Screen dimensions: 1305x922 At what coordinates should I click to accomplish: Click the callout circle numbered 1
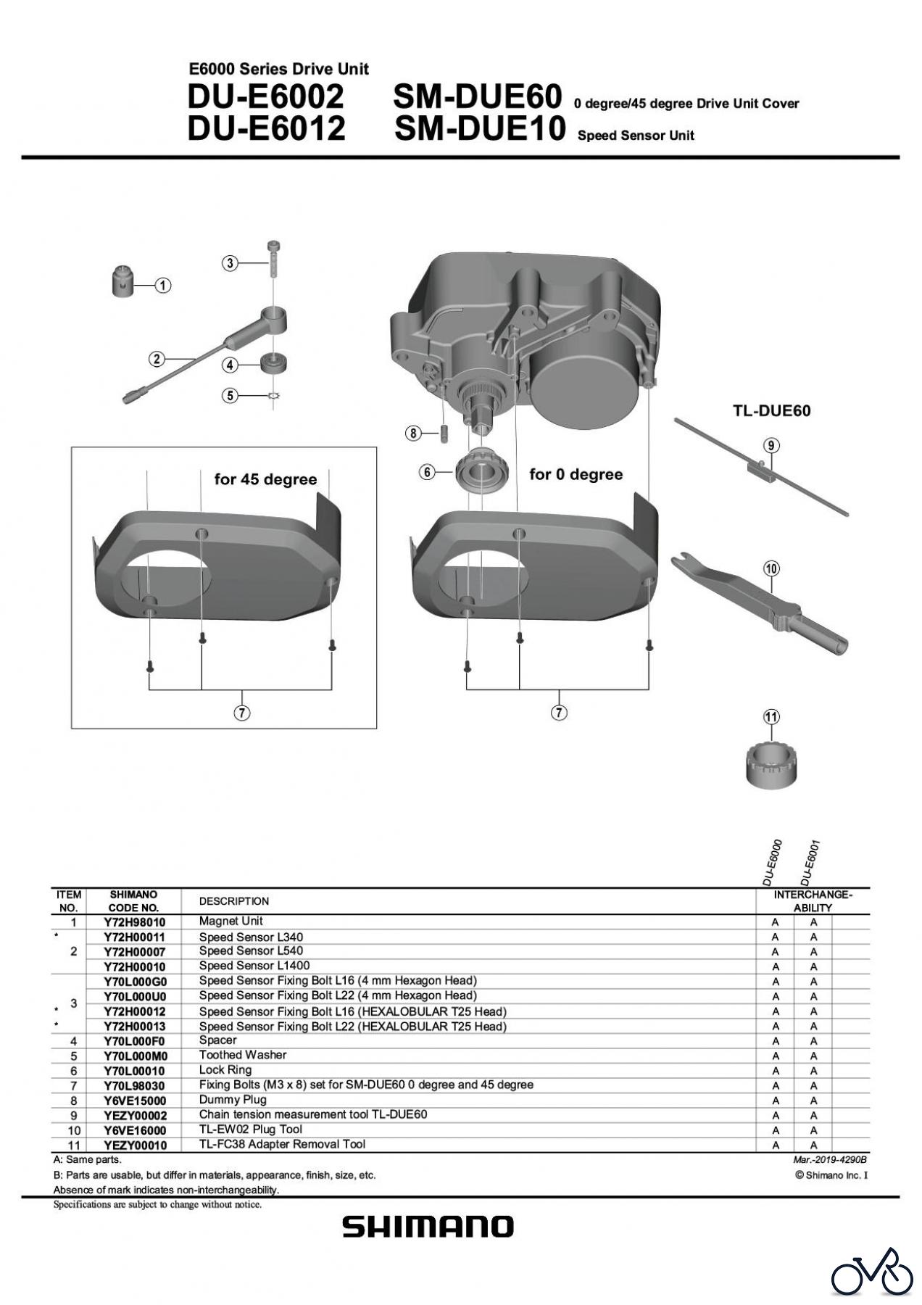[164, 286]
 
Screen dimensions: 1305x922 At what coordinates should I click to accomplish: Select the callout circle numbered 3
[230, 263]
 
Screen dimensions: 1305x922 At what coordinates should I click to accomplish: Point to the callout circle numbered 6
[427, 472]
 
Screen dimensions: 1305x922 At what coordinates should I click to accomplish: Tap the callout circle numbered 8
[412, 434]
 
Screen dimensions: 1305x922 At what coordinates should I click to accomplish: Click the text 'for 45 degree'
[265, 479]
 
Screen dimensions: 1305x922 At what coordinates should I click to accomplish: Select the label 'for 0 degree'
[576, 474]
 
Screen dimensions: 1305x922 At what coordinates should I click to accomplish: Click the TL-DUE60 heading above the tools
[771, 410]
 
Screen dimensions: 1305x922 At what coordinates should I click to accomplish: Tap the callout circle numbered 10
[771, 568]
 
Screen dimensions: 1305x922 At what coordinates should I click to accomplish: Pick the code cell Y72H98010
[134, 922]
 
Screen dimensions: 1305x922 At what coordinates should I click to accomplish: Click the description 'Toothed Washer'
[243, 1055]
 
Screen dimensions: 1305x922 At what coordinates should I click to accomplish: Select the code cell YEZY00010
[134, 1145]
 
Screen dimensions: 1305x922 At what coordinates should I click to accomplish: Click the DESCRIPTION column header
[233, 901]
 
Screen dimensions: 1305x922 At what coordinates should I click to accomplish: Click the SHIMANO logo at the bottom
[428, 1227]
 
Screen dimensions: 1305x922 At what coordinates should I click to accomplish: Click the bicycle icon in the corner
[872, 1271]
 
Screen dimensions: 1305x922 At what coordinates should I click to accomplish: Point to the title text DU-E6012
[265, 129]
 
